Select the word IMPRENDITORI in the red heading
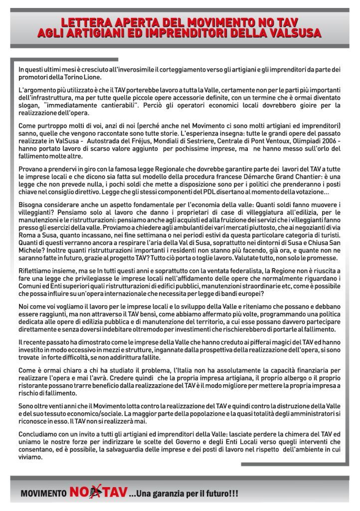click(x=180, y=33)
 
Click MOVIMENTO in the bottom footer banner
click(x=43, y=494)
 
